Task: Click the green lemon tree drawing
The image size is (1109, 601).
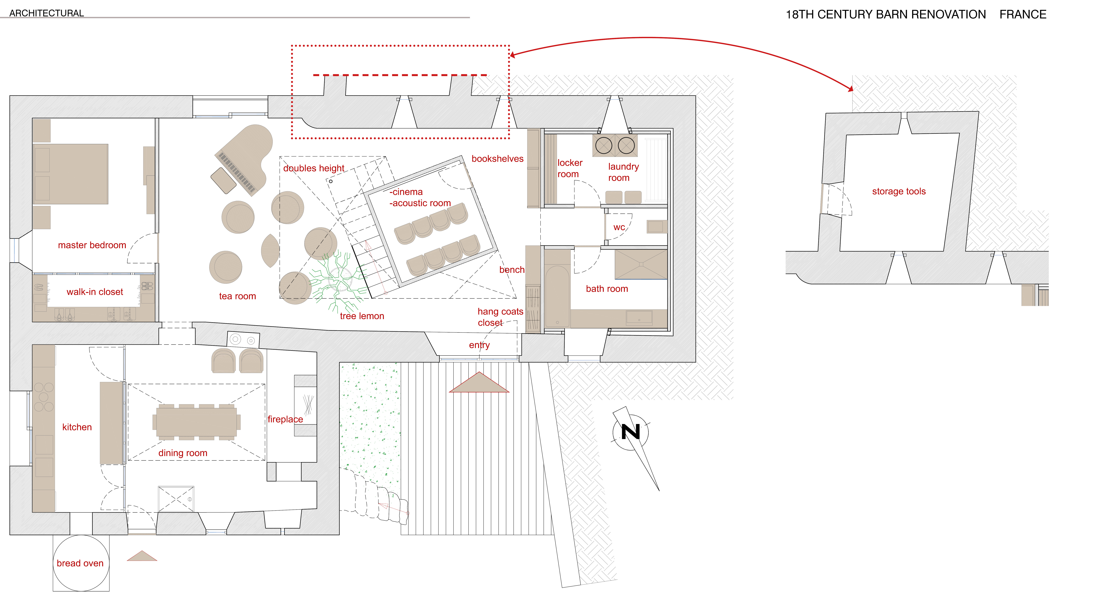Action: pyautogui.click(x=338, y=280)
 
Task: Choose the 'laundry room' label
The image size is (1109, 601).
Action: pyautogui.click(x=623, y=172)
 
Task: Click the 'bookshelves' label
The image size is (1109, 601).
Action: pyautogui.click(x=497, y=159)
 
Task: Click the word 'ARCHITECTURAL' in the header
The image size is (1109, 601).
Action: pyautogui.click(x=46, y=13)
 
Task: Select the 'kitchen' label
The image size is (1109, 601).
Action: pyautogui.click(x=77, y=427)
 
